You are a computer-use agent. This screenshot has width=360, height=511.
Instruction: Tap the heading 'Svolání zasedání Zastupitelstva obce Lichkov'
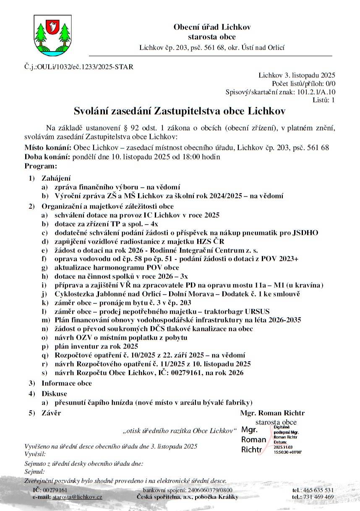coord(180,111)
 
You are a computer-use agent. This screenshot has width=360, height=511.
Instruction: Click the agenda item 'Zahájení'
coord(56,178)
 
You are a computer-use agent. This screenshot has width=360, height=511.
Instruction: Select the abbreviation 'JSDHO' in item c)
coord(305,233)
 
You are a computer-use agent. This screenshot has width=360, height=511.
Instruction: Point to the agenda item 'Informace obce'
coord(66,383)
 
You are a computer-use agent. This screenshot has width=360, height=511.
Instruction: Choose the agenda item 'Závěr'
coord(51,413)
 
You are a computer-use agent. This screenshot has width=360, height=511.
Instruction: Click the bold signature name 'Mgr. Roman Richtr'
coord(272,413)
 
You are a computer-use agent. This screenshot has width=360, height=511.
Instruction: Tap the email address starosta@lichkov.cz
coord(77,497)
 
